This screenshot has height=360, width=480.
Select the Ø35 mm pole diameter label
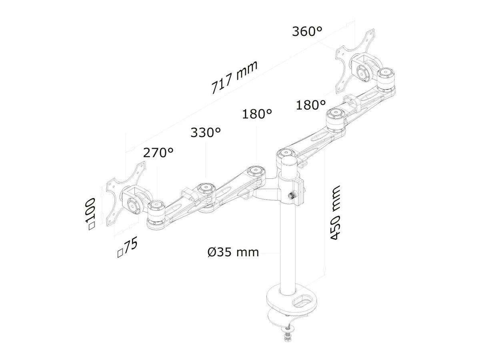(233, 252)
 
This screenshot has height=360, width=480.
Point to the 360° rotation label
(307, 32)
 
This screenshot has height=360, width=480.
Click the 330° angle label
(206, 133)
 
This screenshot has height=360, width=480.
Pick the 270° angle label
(158, 152)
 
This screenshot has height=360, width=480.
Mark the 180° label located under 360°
(310, 105)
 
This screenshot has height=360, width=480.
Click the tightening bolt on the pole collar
(292, 196)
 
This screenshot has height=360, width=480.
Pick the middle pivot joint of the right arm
(335, 118)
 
